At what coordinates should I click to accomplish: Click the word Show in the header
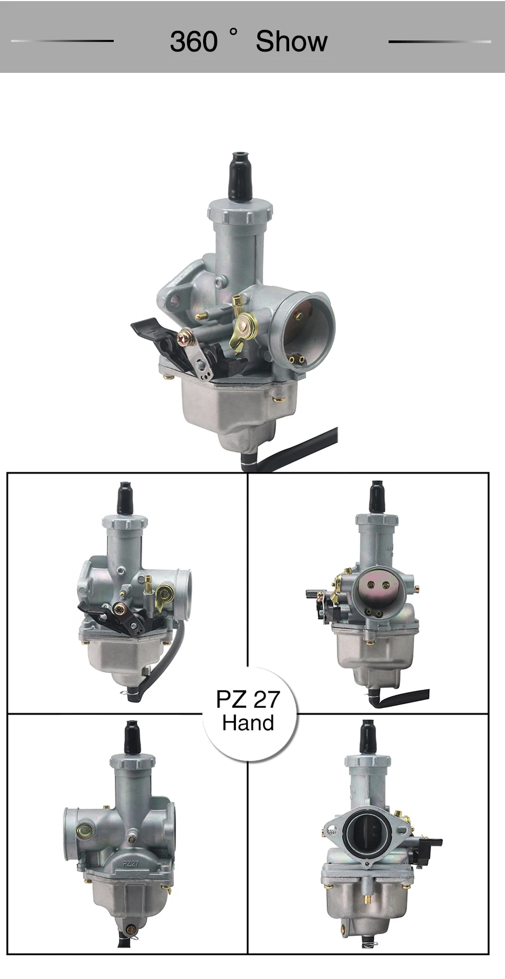tap(291, 41)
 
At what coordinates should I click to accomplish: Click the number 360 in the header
tap(193, 41)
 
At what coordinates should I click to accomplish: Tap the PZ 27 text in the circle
tap(248, 699)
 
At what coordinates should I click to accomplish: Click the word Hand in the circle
tap(248, 723)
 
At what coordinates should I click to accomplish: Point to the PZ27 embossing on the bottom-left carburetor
tap(131, 864)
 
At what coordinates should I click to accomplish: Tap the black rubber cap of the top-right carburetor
tap(377, 497)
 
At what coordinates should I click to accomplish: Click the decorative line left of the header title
tap(63, 41)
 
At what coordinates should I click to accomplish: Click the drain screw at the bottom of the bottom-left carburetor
tap(130, 930)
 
